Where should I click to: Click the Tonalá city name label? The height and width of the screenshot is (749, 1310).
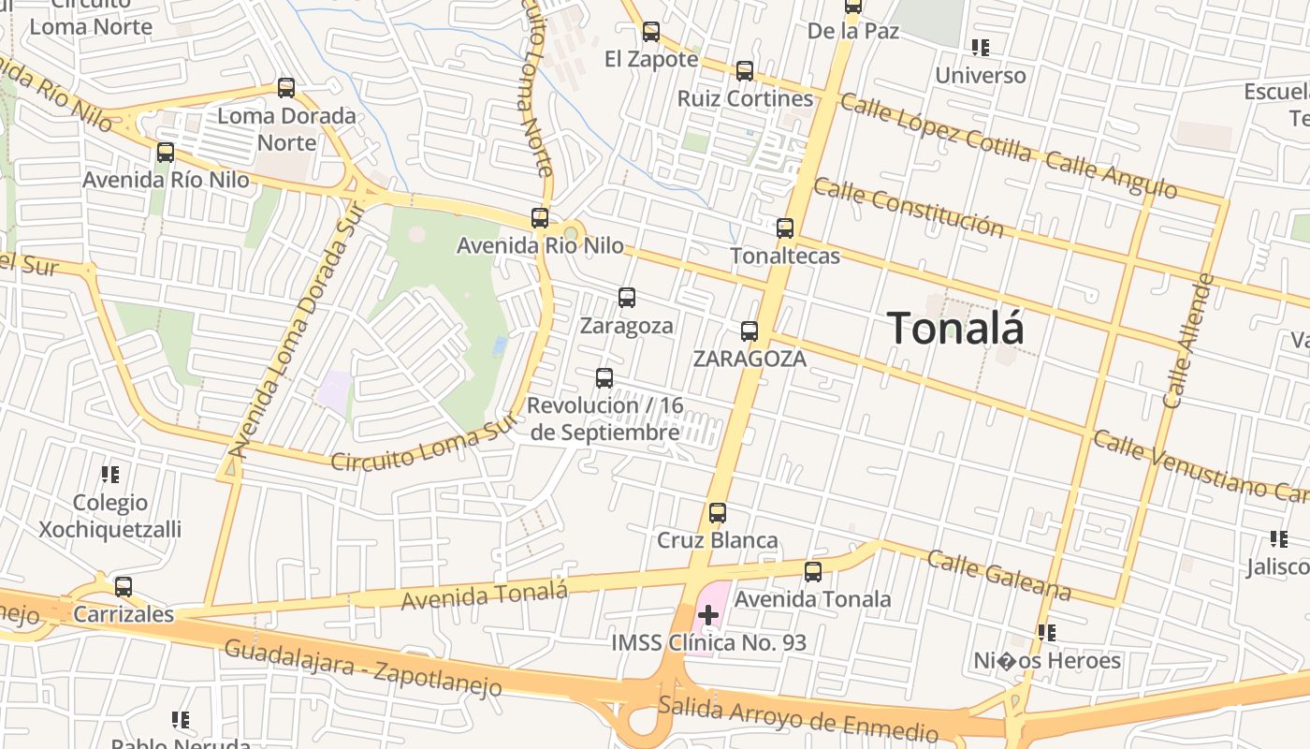pos(954,329)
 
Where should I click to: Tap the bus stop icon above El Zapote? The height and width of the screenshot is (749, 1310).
pos(651,32)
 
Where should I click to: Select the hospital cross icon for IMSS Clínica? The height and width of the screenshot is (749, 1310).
pos(708,615)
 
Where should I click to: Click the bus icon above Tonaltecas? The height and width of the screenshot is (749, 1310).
pos(785,228)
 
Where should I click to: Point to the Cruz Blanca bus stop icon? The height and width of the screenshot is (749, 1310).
pos(718,513)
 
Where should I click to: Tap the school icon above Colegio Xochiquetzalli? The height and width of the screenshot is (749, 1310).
pos(111,475)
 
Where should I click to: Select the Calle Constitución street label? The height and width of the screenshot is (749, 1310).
pos(909,208)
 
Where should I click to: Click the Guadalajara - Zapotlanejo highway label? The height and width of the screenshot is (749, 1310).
pos(363,668)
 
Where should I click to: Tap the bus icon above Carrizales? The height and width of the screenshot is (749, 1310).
pos(124,587)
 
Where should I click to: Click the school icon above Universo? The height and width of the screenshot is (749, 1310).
pos(981,47)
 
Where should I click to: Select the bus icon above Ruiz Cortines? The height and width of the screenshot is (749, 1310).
pos(745,70)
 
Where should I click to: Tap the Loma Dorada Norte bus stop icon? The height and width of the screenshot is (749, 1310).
pos(286,88)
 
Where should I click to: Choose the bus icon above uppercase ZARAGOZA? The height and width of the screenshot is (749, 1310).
pos(750,330)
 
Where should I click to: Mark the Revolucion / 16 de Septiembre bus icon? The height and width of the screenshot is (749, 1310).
pos(604,378)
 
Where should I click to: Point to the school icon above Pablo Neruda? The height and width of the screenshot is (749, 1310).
pos(181,720)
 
